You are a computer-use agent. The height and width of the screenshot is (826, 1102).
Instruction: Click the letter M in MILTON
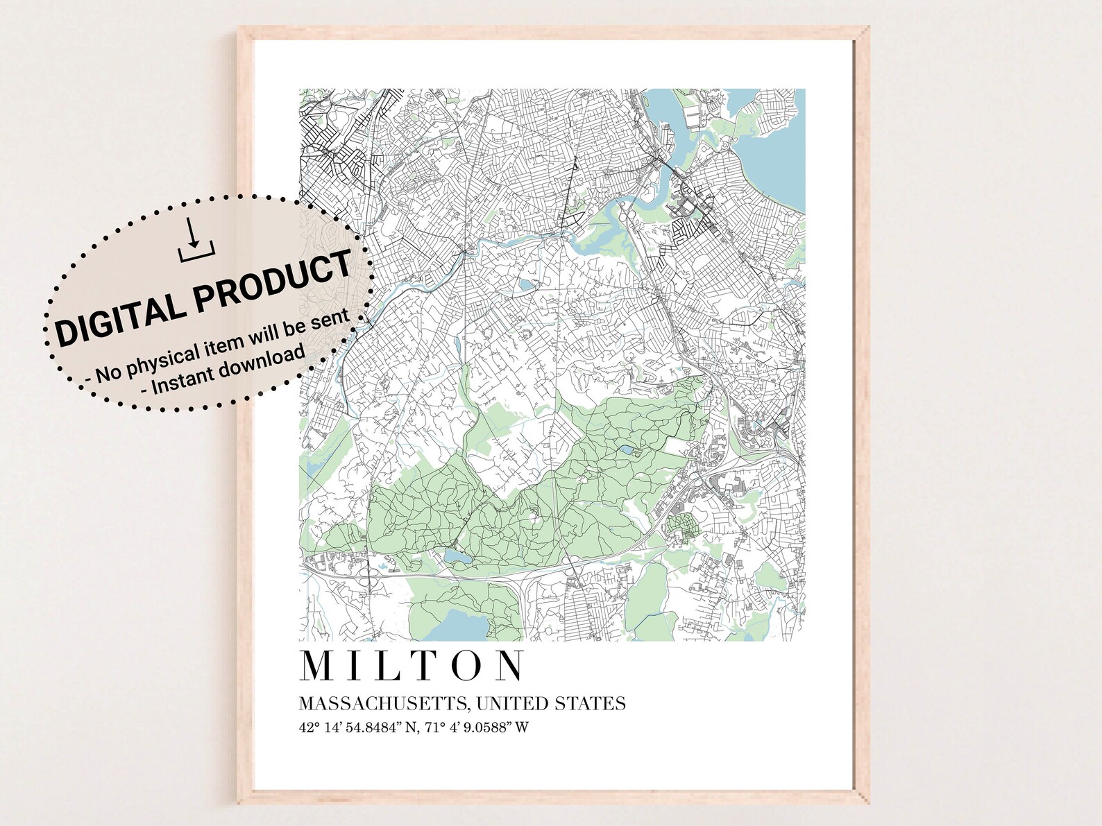(x=317, y=666)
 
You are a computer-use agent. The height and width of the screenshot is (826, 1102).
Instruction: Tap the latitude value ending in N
(x=359, y=728)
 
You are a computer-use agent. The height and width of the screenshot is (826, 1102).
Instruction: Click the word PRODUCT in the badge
(x=273, y=281)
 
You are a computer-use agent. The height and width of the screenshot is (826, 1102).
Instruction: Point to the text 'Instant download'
(x=223, y=370)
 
